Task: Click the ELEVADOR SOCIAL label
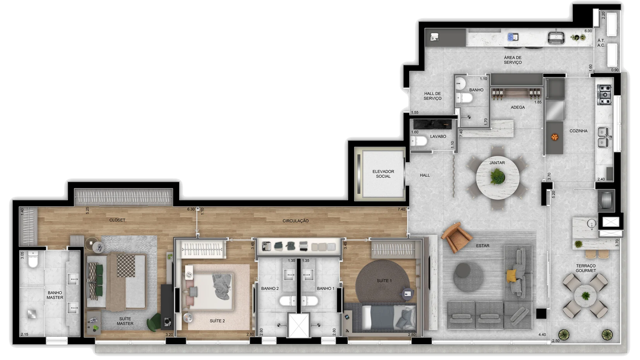click(383, 174)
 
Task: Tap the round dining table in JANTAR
click(498, 178)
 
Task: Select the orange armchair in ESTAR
click(456, 237)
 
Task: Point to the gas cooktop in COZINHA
click(604, 95)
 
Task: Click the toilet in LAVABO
click(419, 141)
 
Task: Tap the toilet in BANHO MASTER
click(33, 259)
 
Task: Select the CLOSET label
click(117, 220)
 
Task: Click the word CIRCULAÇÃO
click(295, 221)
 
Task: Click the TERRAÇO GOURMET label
click(586, 268)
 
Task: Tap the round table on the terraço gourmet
click(585, 296)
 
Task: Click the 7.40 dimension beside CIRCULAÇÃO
click(401, 209)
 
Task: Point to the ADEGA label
click(518, 107)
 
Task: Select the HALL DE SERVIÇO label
click(432, 96)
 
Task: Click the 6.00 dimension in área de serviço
click(588, 31)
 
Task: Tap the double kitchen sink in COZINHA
click(603, 137)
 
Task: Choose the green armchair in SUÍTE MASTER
click(154, 322)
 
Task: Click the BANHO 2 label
click(270, 288)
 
